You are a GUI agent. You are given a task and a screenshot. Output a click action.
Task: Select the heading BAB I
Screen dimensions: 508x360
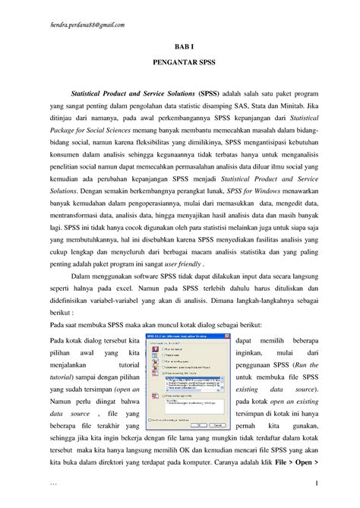point(180,46)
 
